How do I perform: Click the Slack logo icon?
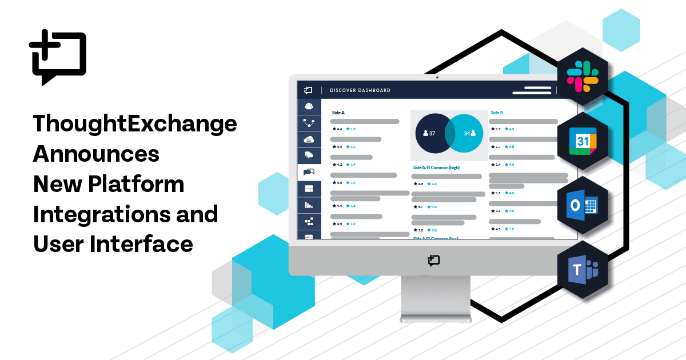583,76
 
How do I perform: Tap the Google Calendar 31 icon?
583,141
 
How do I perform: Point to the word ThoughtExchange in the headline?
135,124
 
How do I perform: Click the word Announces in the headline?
96,154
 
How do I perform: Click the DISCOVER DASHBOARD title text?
360,90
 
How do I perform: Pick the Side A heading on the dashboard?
338,113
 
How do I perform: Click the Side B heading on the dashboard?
497,113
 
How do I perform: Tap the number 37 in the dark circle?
432,133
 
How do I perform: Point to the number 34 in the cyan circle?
467,133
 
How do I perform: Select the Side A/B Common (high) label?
436,167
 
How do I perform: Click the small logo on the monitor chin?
433,261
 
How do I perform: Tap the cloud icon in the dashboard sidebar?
309,139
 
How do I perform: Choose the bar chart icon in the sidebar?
309,205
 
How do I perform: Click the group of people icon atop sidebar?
309,106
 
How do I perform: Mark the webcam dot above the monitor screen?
437,77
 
